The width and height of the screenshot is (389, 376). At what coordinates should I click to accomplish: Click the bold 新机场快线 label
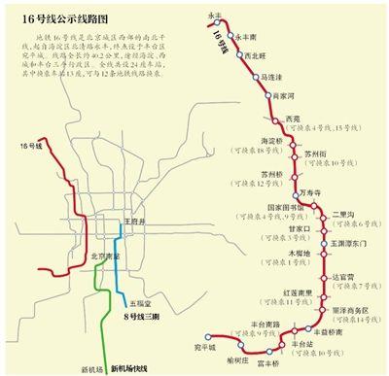coord(128,367)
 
